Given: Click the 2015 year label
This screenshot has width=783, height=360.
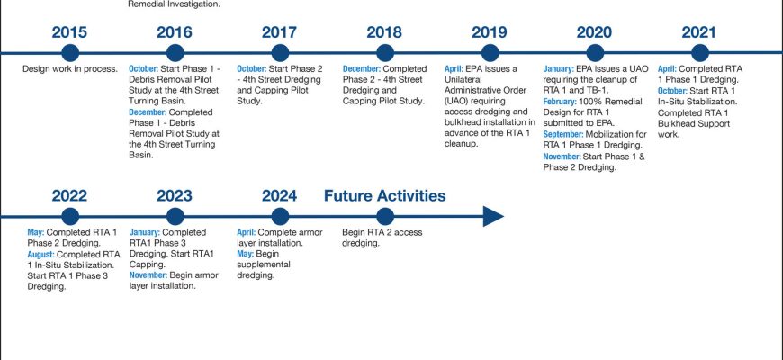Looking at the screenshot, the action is click(69, 32).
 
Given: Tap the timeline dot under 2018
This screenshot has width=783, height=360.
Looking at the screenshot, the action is click(384, 53).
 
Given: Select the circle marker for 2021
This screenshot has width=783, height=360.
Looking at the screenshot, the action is click(700, 53).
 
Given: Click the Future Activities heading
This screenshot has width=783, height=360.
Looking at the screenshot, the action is click(384, 195).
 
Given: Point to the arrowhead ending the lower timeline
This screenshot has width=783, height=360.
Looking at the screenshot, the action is click(493, 217).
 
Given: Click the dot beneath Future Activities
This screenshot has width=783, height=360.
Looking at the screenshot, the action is click(384, 217).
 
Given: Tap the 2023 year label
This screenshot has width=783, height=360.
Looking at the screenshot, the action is click(175, 195).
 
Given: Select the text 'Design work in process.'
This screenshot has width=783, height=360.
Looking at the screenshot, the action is click(70, 69).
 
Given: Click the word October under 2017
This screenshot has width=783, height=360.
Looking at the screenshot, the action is click(252, 69).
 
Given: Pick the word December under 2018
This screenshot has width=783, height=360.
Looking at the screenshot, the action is click(362, 69).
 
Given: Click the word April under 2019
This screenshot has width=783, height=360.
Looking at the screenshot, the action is click(454, 69).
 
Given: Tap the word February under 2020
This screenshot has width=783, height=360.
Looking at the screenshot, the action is click(560, 102).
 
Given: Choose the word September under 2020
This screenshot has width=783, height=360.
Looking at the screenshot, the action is click(563, 134).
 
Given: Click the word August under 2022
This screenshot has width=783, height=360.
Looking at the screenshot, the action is click(40, 254).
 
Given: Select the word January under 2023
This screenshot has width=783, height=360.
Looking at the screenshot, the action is click(145, 232).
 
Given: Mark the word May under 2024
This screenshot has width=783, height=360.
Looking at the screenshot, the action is click(245, 254).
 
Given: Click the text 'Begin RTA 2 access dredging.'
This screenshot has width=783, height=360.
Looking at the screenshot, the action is click(382, 238).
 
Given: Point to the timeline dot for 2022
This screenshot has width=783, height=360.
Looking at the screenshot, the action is click(70, 217).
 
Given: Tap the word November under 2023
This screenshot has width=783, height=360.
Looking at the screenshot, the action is click(148, 275).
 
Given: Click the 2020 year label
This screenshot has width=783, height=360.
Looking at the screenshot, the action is click(594, 32).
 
